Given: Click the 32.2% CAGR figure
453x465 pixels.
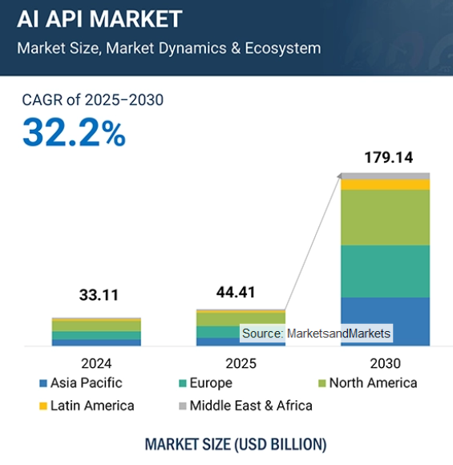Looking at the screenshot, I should [74, 132].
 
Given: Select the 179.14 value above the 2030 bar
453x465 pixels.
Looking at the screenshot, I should [386, 157].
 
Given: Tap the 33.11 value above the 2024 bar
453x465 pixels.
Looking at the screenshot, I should [96, 295].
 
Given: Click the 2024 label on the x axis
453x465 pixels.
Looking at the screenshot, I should [96, 363].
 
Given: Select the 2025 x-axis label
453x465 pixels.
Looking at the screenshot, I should [241, 363].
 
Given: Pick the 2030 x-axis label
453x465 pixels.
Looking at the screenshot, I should [386, 363].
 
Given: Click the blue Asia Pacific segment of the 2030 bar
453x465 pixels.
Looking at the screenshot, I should [386, 321].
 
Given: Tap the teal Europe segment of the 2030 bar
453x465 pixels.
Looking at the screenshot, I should [386, 271].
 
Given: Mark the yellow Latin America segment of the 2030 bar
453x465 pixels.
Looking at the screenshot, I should [386, 184].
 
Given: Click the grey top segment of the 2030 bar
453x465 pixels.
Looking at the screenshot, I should [386, 176].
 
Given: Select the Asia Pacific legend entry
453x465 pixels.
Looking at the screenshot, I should [80, 383].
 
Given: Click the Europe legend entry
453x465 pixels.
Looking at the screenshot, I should [204, 383].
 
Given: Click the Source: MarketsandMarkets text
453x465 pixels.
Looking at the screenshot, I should [316, 333].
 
